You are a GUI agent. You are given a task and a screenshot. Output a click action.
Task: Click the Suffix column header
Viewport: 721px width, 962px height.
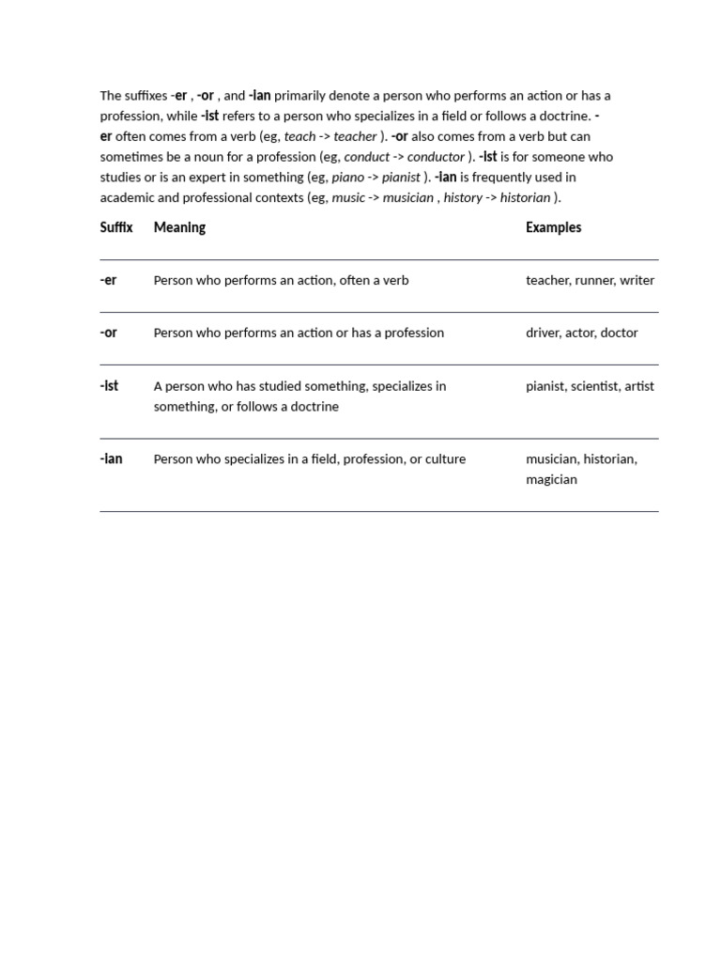pyautogui.click(x=116, y=227)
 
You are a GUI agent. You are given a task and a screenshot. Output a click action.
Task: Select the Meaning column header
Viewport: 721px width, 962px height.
pyautogui.click(x=179, y=227)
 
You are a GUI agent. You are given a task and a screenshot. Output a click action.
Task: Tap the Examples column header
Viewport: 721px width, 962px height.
pyautogui.click(x=553, y=227)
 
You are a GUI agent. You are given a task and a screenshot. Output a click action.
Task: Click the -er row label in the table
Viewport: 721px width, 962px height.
pyautogui.click(x=108, y=280)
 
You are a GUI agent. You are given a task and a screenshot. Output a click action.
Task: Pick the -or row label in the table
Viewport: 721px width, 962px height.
pyautogui.click(x=108, y=333)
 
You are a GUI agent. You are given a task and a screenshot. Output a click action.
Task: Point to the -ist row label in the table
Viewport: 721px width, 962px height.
pyautogui.click(x=109, y=386)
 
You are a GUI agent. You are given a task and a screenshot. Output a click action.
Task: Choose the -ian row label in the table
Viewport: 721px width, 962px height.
pyautogui.click(x=111, y=459)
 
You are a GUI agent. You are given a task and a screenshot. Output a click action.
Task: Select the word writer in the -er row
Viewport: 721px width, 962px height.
pyautogui.click(x=637, y=280)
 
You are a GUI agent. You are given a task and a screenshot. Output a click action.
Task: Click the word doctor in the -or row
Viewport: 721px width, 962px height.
pyautogui.click(x=619, y=333)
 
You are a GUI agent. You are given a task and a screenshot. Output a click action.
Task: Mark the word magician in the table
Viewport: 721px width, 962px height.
pyautogui.click(x=551, y=479)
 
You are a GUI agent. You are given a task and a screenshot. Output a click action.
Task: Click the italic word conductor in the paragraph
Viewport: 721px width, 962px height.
pyautogui.click(x=436, y=157)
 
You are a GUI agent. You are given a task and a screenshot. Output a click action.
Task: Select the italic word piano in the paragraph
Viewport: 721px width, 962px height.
pyautogui.click(x=347, y=178)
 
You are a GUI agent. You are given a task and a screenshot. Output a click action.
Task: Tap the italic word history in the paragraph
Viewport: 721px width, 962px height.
pyautogui.click(x=462, y=197)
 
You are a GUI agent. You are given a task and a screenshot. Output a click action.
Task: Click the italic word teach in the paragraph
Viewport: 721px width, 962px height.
pyautogui.click(x=299, y=136)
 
